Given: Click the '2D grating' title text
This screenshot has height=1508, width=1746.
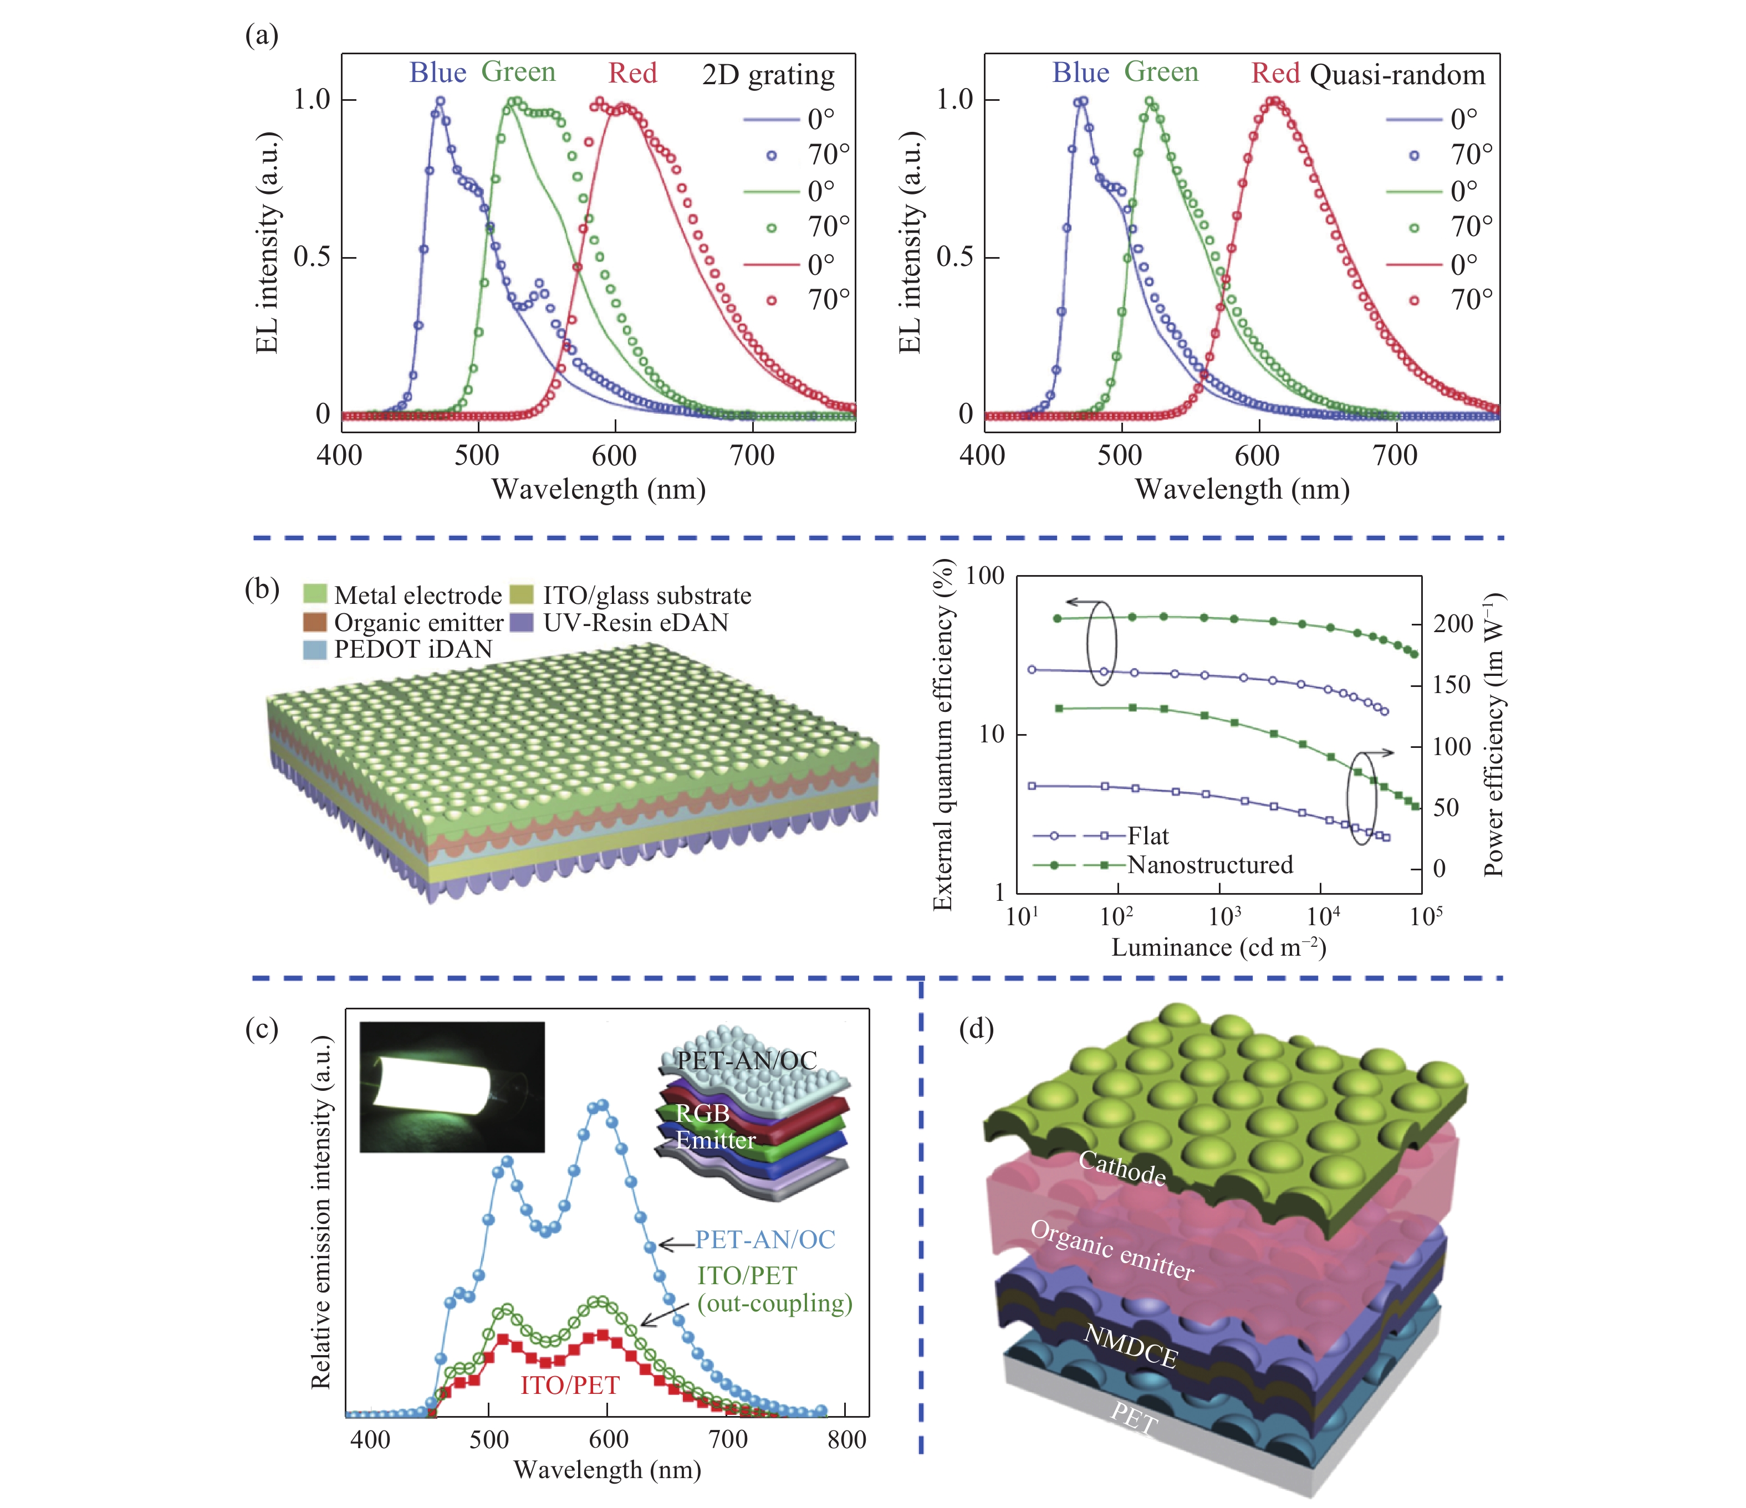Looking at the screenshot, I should (x=768, y=75).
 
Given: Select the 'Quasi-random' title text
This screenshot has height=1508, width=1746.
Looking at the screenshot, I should (x=1397, y=75).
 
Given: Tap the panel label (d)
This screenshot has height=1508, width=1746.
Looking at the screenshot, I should (x=977, y=1029).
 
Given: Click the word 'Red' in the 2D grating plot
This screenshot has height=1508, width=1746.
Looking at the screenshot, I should (x=632, y=73).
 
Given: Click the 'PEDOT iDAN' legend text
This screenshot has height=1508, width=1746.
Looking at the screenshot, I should (x=413, y=649).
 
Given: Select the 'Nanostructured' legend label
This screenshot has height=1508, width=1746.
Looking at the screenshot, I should (x=1209, y=864).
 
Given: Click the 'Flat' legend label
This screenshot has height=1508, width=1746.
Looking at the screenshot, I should (x=1148, y=836).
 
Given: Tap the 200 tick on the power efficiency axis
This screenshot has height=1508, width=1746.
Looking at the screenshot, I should (x=1453, y=624).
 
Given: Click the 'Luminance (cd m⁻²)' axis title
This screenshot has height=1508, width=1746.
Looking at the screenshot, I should (x=1218, y=948).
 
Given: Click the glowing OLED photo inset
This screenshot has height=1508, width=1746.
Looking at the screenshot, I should (x=452, y=1087).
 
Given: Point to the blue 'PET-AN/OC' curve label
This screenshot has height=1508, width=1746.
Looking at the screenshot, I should (x=764, y=1239).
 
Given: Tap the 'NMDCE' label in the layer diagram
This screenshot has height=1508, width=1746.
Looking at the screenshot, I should (x=1130, y=1346).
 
